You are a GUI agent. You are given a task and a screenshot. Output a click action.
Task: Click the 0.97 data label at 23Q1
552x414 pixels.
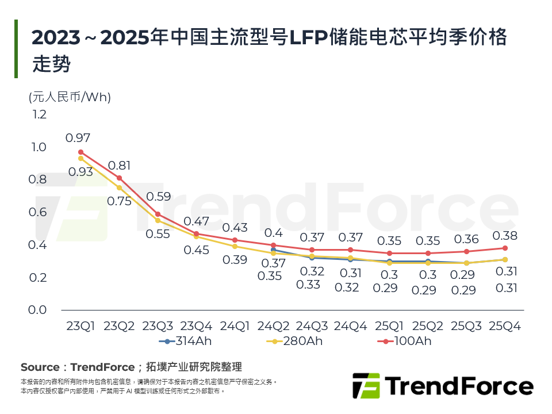(78, 138)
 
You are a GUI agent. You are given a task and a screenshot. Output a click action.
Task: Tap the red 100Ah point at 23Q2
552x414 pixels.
(119, 178)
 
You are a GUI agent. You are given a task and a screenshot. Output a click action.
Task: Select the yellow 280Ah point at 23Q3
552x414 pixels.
(158, 220)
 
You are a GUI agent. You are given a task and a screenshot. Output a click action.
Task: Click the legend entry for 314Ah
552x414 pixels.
(182, 341)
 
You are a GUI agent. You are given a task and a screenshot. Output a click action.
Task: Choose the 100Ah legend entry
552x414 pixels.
(407, 341)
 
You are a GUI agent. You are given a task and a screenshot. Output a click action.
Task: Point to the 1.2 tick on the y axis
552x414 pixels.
(39, 114)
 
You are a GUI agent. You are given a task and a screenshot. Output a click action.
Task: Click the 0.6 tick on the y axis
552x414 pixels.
(39, 212)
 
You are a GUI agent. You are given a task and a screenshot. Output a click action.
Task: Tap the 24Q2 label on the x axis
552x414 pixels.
(273, 326)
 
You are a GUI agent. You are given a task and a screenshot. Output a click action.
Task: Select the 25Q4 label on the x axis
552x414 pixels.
(504, 326)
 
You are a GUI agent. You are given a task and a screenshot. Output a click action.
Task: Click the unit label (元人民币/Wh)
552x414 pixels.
(70, 97)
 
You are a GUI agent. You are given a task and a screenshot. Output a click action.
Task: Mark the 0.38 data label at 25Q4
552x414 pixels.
(505, 236)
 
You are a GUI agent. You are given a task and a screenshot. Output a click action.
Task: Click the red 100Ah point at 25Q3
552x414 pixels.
(466, 251)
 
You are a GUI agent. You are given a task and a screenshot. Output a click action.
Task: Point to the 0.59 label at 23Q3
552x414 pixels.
(158, 197)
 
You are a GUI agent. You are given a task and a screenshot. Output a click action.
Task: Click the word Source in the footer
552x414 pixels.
(40, 367)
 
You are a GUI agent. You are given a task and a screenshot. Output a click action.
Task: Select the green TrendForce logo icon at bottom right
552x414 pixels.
(366, 386)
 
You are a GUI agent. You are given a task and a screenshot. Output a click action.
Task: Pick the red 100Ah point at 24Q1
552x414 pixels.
(235, 240)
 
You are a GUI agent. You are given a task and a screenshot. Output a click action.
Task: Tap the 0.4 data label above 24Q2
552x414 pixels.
(273, 233)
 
